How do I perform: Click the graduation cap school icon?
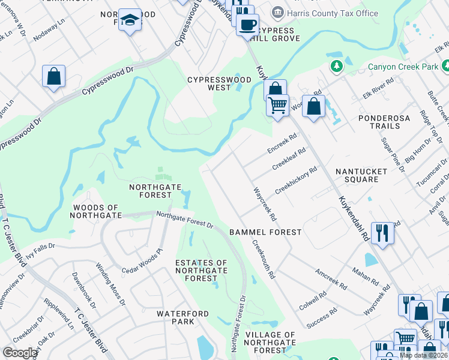(x=130, y=20)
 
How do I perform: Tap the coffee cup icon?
(x=247, y=25)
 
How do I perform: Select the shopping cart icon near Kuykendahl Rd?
(x=277, y=105)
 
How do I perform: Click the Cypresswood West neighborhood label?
(x=209, y=83)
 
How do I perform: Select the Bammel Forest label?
(x=265, y=232)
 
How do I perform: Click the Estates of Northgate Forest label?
(x=201, y=271)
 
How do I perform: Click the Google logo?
(x=20, y=353)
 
